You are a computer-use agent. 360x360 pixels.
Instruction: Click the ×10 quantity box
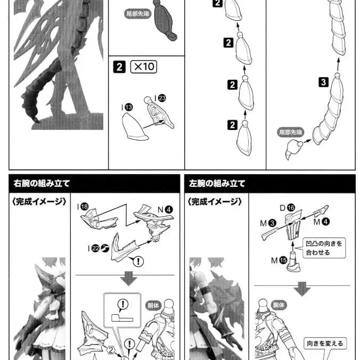pos(144,68)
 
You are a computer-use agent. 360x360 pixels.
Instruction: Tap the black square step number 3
pos(323,82)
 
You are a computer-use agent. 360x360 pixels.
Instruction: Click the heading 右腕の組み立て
pos(42,184)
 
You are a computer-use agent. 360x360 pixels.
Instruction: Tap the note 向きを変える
pos(325,343)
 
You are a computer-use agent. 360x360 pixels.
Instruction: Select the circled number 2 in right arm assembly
pos(111,350)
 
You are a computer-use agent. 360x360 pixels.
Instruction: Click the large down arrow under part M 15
pos(302,288)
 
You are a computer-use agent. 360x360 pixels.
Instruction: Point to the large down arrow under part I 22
pos(128,278)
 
